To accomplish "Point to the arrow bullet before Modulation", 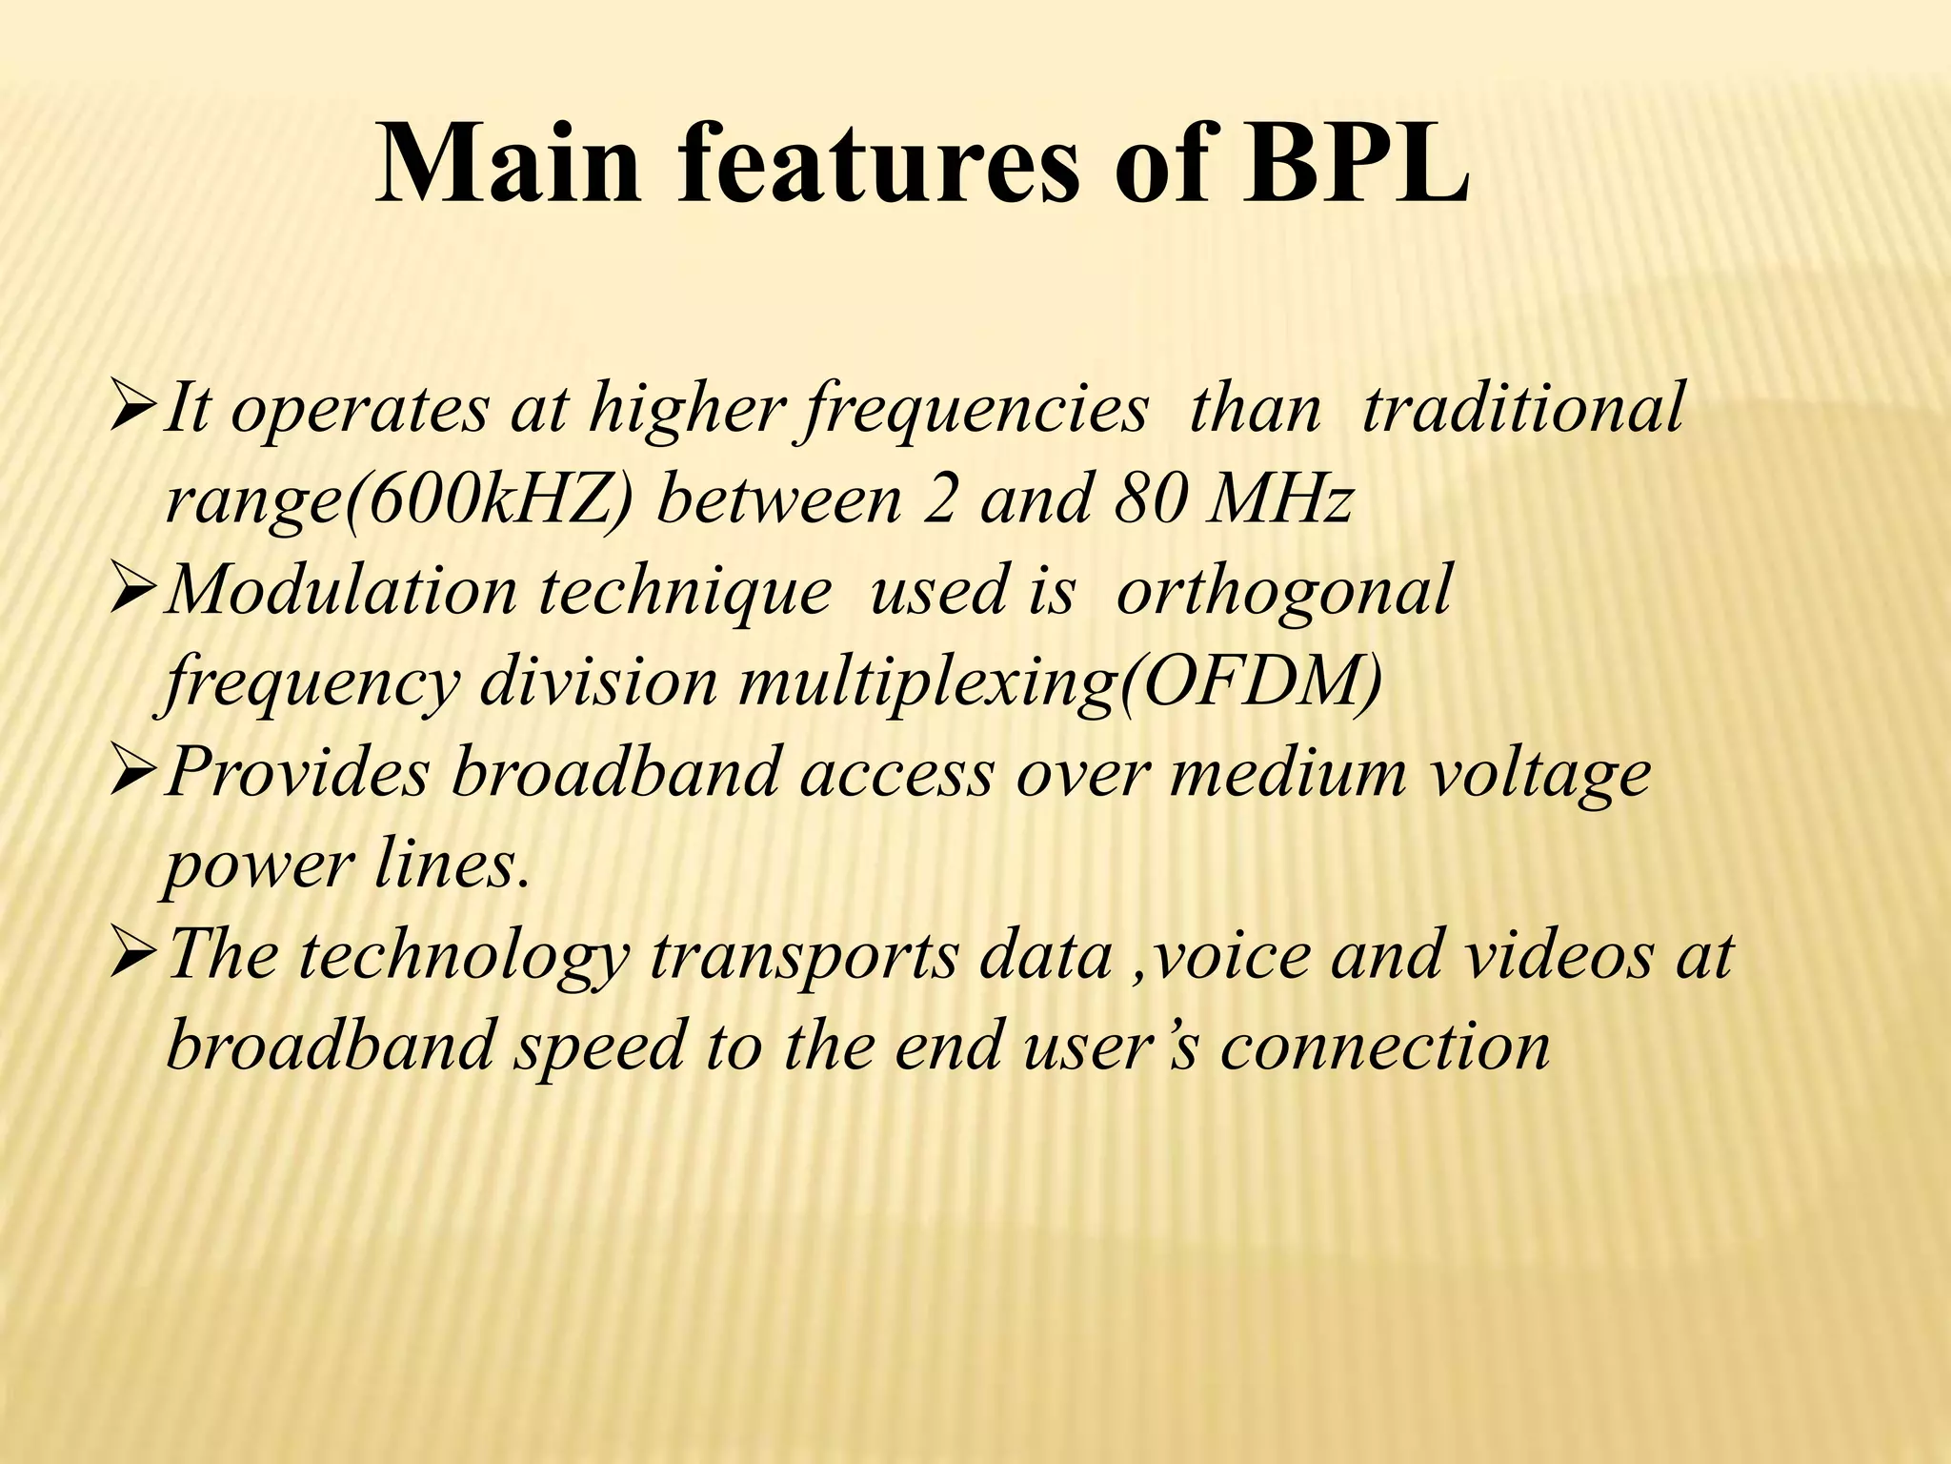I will pos(132,591).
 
